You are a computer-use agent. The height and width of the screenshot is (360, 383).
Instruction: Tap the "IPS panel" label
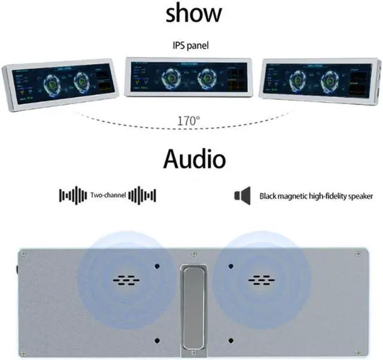click(x=191, y=46)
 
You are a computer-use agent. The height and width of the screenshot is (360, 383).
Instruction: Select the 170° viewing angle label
click(x=189, y=120)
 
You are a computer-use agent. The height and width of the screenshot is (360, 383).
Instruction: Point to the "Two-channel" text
click(x=107, y=195)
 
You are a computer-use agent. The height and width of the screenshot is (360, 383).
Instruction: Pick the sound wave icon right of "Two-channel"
click(x=142, y=195)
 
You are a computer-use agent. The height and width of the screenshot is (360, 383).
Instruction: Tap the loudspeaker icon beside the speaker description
click(x=242, y=195)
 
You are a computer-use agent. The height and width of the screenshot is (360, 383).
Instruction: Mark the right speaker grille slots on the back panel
click(x=260, y=279)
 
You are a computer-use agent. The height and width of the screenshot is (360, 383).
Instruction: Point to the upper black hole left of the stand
click(x=157, y=265)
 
